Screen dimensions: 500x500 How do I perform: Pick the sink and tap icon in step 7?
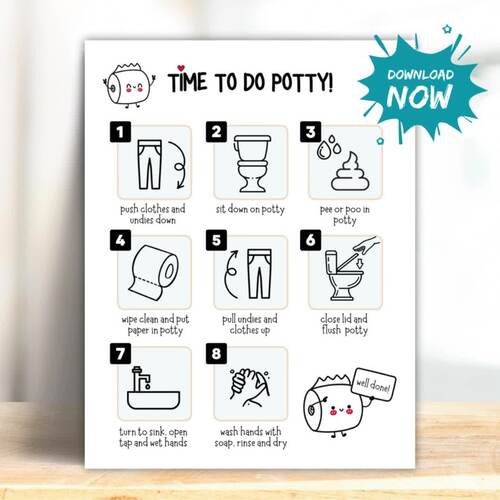152,387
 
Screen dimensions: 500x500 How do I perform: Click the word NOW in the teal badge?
421,96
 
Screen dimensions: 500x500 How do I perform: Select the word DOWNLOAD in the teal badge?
421,76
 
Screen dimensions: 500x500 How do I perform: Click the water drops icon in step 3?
323,150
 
